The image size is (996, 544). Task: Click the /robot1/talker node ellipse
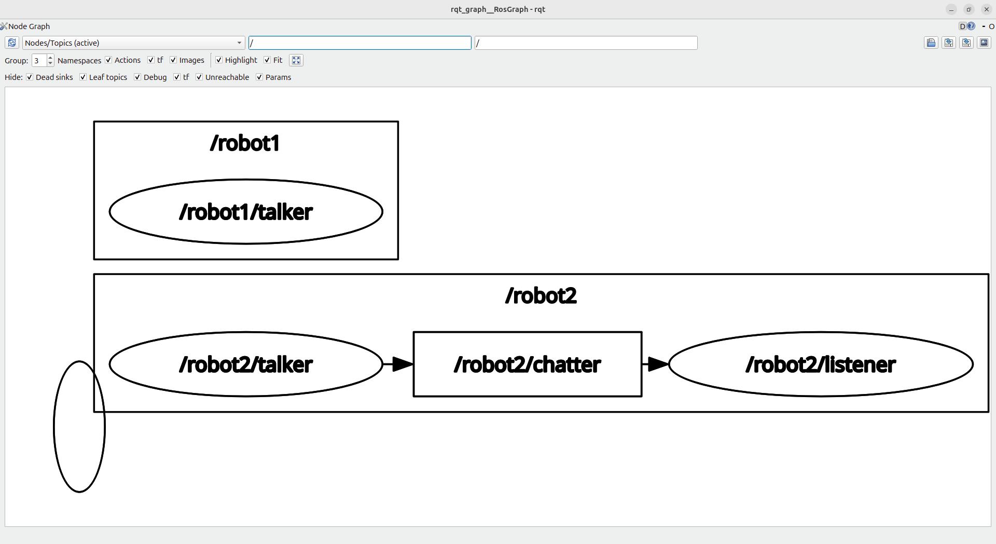245,212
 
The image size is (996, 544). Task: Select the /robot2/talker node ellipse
245,364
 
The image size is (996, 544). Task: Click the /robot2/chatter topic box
527,364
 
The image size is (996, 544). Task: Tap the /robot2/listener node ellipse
820,364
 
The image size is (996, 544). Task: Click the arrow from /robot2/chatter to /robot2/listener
655,364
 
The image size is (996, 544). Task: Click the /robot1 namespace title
245,143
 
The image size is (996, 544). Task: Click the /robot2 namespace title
541,296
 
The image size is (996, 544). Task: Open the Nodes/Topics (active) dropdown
133,43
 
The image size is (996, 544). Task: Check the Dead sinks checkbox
30,77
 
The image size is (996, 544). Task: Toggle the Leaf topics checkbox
83,77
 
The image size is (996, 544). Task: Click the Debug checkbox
137,77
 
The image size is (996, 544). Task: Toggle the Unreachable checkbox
199,77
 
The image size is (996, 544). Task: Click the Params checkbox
259,77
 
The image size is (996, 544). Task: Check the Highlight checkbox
219,60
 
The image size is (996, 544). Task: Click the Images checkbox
173,60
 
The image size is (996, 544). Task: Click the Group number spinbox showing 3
39,61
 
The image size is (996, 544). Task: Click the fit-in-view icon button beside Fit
296,60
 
